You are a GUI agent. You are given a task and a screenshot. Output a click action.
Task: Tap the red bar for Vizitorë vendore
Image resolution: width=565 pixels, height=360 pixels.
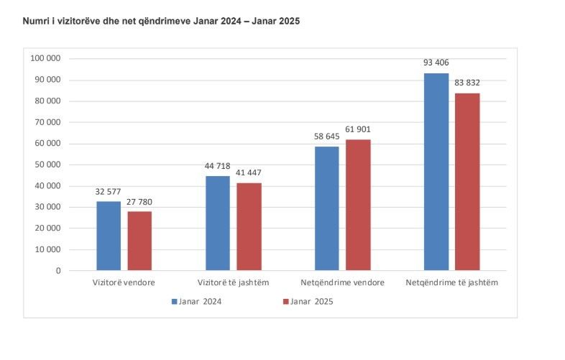139,241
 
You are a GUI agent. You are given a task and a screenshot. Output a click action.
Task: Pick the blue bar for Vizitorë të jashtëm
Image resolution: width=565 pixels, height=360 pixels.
218,223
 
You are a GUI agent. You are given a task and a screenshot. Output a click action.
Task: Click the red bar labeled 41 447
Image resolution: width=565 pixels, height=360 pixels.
249,226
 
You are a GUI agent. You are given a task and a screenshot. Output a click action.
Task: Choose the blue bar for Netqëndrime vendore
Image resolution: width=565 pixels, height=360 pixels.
327,208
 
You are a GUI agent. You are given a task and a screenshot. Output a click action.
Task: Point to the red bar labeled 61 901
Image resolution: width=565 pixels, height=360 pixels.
358,205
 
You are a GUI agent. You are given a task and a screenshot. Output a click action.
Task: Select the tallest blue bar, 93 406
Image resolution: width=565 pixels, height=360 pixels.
436,172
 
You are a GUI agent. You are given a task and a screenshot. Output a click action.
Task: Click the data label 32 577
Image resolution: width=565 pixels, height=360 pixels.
109,192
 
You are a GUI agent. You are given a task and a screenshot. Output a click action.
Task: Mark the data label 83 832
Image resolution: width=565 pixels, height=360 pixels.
467,83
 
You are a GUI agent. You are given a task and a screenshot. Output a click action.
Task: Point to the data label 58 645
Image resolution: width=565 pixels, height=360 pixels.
327,137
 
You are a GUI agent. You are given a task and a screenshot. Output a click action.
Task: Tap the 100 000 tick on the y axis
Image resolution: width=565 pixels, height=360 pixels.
46,58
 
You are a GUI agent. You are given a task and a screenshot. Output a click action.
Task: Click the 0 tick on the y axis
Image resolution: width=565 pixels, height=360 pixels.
58,271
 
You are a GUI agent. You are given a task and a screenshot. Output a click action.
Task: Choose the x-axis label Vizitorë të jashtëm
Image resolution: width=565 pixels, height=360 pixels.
234,282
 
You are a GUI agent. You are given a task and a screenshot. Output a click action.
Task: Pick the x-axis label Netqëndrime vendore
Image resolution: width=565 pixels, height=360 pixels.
342,282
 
